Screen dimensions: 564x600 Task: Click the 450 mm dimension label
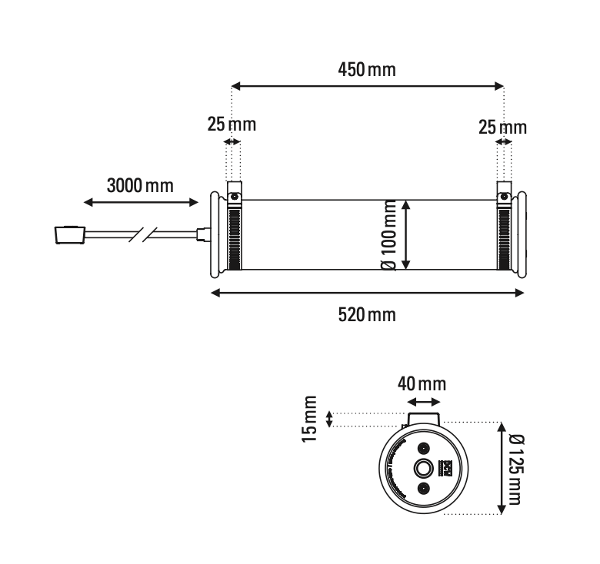[367, 70]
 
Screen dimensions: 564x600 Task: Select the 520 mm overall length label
[367, 314]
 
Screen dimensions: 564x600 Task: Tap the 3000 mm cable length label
[140, 185]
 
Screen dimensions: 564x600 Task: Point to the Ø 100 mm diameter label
[388, 234]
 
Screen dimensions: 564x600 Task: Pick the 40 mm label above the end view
[422, 383]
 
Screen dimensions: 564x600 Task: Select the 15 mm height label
[310, 419]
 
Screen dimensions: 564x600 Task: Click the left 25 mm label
[232, 124]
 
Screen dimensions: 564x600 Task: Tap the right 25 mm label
[503, 127]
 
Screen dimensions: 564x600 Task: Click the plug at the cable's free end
[69, 233]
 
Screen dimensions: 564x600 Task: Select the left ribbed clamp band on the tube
[233, 239]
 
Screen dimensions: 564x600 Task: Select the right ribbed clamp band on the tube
[504, 239]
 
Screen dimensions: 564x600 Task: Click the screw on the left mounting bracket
[233, 197]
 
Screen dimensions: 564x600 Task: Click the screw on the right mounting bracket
[504, 197]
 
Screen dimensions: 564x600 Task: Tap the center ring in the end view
[423, 469]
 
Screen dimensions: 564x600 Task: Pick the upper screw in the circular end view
[423, 448]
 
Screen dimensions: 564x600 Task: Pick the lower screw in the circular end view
[423, 489]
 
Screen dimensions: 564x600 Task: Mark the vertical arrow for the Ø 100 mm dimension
[407, 234]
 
